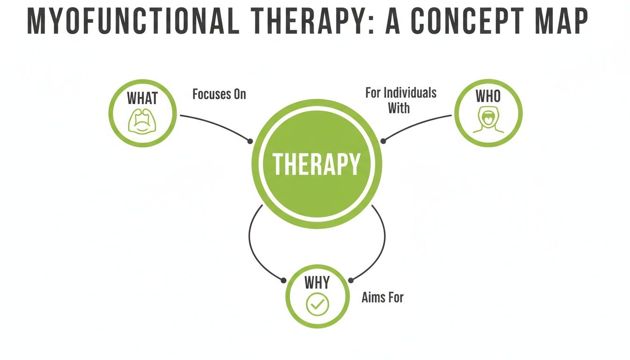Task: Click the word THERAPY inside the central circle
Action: [316, 164]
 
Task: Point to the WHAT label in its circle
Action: [142, 98]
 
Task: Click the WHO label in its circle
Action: [488, 97]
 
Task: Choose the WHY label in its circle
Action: [317, 283]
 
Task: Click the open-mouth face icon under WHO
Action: [488, 120]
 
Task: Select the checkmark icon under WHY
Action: [317, 305]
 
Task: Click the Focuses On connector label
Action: [219, 94]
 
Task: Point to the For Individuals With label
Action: [400, 100]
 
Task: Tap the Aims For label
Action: [382, 297]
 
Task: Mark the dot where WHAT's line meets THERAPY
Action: [250, 141]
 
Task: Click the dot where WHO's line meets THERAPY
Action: [382, 141]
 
